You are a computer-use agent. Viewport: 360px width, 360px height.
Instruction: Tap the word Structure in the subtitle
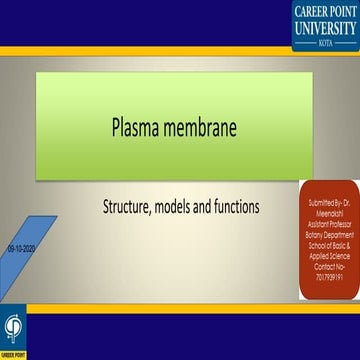[130, 207]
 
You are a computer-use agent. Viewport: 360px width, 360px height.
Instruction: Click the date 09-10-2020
[20, 243]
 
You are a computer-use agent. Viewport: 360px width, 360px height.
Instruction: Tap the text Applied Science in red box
[316, 253]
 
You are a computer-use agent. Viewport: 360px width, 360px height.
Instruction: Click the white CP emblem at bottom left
[14, 328]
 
